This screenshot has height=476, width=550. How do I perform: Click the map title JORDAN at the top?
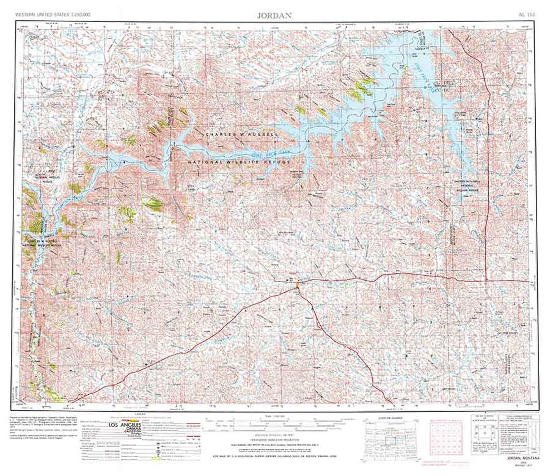point(275,16)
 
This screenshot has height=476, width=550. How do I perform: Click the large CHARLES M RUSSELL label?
point(241,134)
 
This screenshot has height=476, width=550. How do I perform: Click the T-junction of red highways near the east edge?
point(486,280)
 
